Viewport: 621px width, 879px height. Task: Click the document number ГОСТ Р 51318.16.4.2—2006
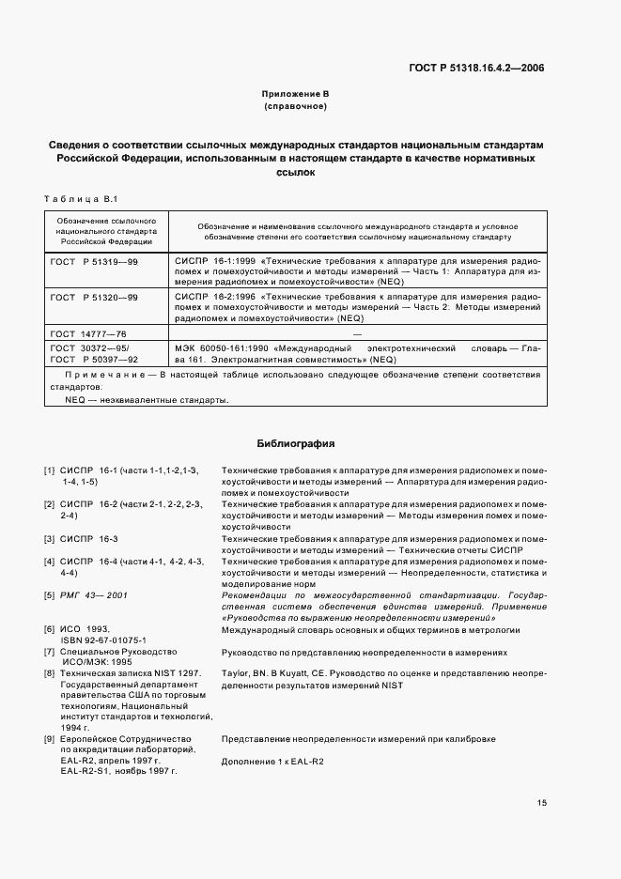click(476, 68)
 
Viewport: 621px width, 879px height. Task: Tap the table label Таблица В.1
click(80, 199)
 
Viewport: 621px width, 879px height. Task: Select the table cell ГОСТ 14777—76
click(90, 333)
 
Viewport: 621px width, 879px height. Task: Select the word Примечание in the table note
click(108, 375)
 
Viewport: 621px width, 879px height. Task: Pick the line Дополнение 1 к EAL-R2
click(272, 761)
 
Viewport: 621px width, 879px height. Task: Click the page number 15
click(542, 803)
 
